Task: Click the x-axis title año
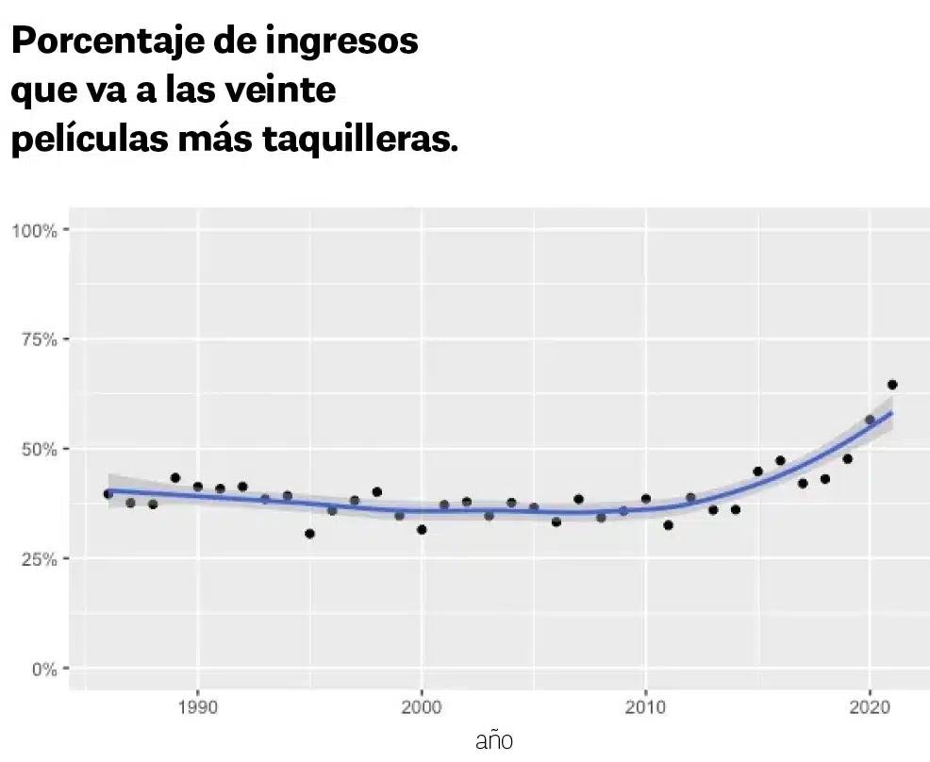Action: tap(494, 740)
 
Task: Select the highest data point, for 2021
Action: tap(892, 385)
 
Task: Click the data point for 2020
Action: tap(870, 420)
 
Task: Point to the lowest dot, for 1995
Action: tap(309, 534)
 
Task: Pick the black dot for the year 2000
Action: tap(422, 530)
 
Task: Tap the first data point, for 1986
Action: tap(108, 494)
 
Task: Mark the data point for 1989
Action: tap(175, 478)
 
